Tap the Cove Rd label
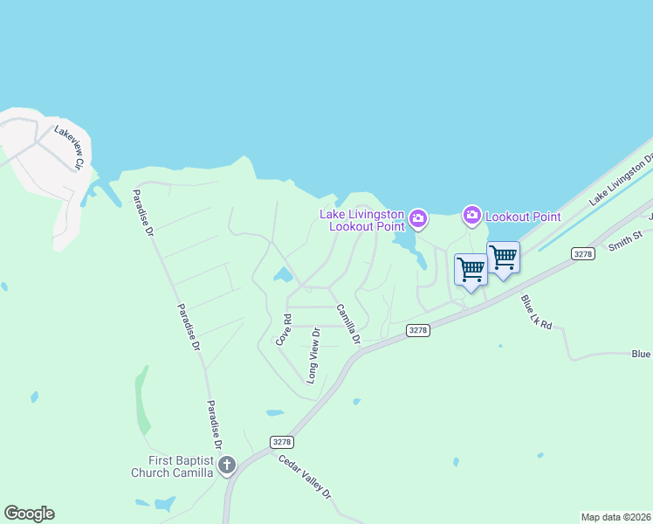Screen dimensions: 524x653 click(283, 330)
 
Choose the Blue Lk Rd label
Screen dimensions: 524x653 click(537, 312)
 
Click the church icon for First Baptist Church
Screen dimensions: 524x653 click(227, 465)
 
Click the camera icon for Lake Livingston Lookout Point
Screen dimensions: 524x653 click(419, 217)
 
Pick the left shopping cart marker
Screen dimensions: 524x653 click(471, 269)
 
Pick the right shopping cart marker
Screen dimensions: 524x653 click(503, 258)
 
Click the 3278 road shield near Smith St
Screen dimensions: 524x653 click(583, 253)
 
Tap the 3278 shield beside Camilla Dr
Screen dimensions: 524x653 click(419, 329)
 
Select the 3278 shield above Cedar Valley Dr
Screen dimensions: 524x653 click(280, 442)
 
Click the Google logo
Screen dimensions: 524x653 click(29, 514)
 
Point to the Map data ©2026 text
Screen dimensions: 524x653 click(615, 517)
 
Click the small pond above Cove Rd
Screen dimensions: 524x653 click(283, 277)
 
